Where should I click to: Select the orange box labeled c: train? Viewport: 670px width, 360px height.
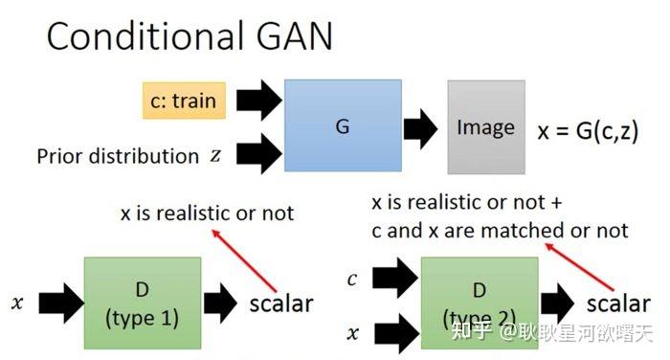(x=184, y=100)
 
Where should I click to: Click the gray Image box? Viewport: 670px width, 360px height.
(x=485, y=126)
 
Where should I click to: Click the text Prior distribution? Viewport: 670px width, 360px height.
(x=118, y=155)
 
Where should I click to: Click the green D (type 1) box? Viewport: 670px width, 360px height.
(x=142, y=301)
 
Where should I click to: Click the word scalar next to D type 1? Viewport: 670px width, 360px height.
(x=281, y=304)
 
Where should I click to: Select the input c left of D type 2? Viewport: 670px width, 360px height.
(x=353, y=280)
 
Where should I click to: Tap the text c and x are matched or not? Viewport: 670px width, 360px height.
(x=501, y=230)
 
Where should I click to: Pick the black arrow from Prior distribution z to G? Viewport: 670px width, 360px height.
(x=257, y=153)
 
